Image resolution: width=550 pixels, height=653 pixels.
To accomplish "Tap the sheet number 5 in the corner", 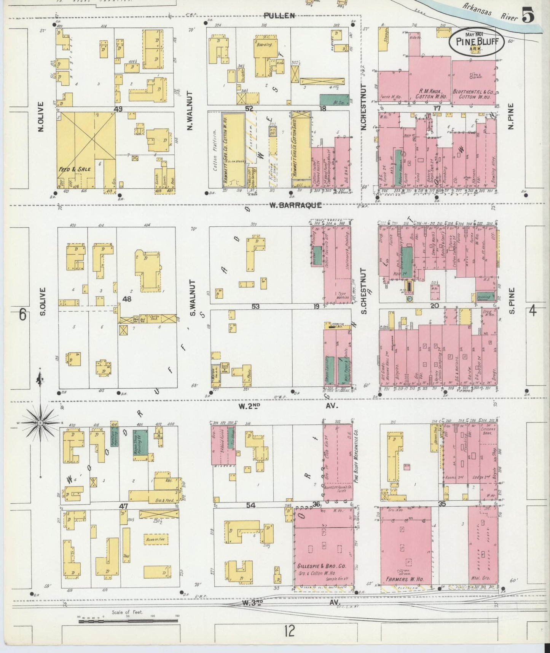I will coord(528,16).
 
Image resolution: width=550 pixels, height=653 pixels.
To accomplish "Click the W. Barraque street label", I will coord(295,205).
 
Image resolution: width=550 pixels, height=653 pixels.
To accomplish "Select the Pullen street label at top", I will coord(280,16).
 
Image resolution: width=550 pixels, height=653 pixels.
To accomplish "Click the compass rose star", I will coord(40,423).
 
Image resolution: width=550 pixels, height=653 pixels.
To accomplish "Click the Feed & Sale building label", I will coord(75,169).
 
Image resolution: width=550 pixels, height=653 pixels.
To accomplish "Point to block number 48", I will coord(126,299).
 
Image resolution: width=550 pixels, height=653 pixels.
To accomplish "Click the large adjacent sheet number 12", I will coord(289,632).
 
